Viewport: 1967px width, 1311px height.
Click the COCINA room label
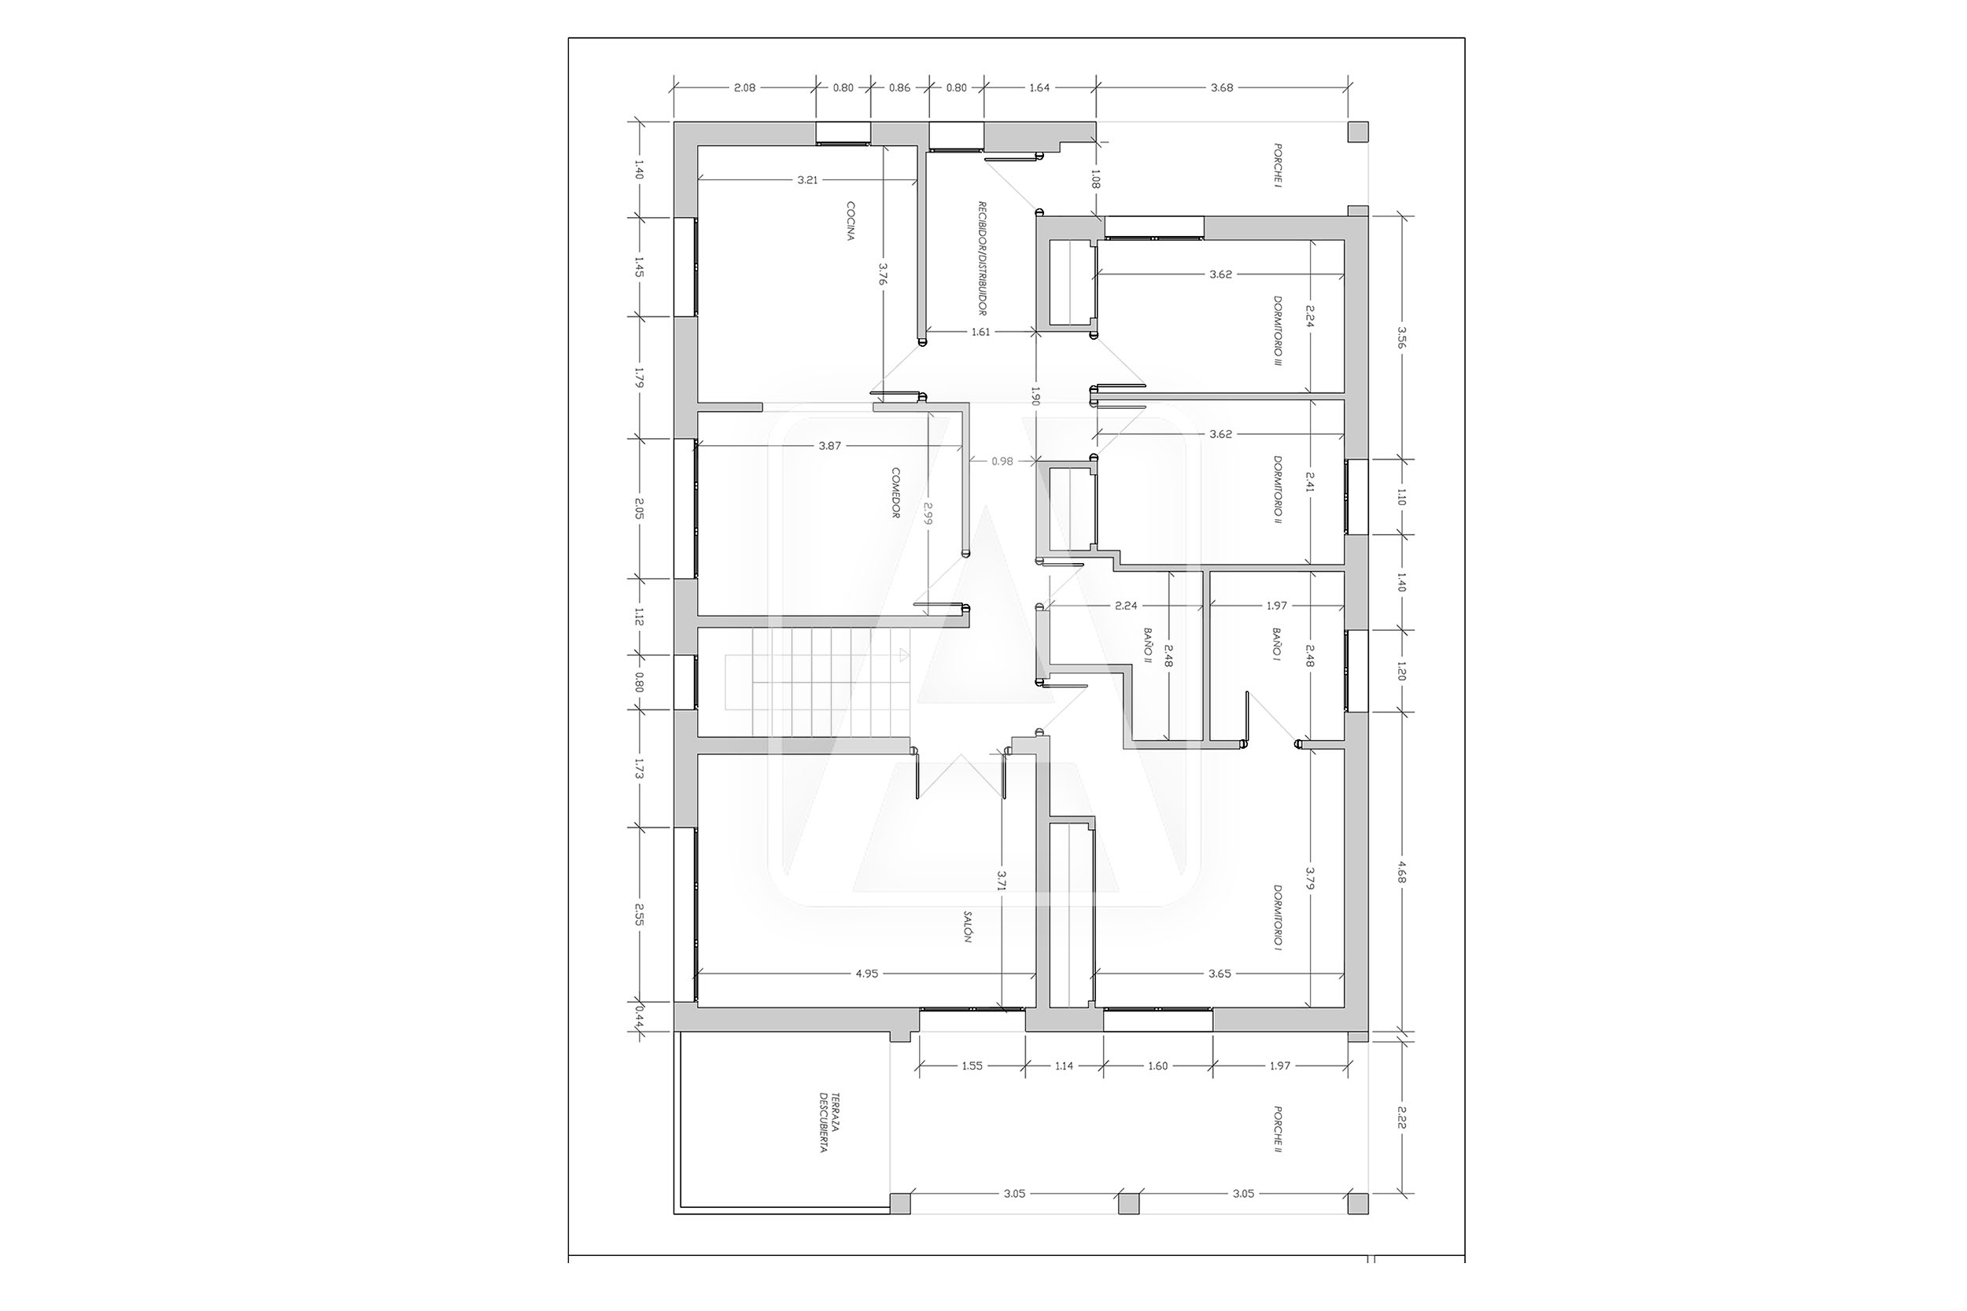point(850,221)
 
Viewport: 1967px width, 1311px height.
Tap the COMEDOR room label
point(895,493)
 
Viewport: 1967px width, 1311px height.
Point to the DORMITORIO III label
point(1277,331)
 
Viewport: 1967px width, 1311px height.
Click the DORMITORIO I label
point(1277,918)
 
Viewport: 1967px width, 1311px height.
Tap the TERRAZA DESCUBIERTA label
point(829,1122)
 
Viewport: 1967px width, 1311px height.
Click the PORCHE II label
point(1277,1129)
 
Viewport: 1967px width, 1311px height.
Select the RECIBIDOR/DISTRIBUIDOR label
point(983,259)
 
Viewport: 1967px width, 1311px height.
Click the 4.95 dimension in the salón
point(867,973)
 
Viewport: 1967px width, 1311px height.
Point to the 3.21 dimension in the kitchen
point(807,180)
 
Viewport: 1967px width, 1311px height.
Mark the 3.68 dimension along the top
point(1222,87)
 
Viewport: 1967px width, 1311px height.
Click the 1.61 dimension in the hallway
point(980,332)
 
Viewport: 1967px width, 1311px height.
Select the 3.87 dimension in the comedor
point(829,447)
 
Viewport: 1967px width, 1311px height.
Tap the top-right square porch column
point(1357,132)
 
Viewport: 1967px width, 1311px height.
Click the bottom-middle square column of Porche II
point(1129,1203)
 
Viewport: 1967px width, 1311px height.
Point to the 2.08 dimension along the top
point(744,87)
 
